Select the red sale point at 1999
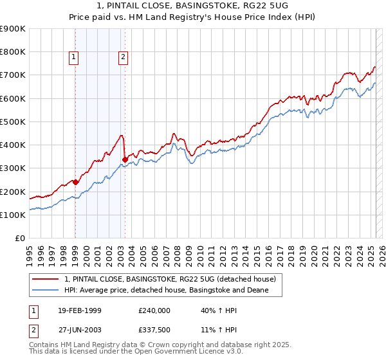pos(75,182)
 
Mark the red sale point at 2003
pos(125,159)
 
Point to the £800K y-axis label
pos(13,51)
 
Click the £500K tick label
pos(13,122)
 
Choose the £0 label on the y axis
pos(21,238)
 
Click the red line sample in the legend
pos(46,279)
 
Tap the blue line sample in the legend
pos(46,290)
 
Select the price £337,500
pos(154,330)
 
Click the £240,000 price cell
pos(154,310)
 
